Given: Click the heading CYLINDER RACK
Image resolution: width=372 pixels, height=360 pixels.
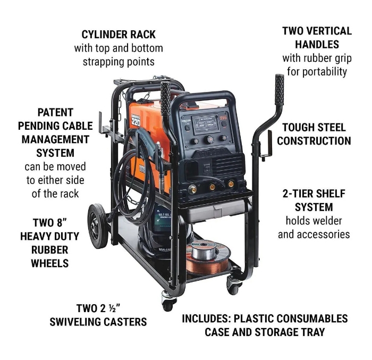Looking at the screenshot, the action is click(119, 35).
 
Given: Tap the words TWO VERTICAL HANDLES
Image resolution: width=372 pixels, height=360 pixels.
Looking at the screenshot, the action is click(317, 38).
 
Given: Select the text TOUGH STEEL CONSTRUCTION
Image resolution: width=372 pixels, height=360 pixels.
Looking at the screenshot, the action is click(314, 134).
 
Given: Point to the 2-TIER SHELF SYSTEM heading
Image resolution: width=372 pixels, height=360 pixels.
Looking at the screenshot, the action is click(314, 200).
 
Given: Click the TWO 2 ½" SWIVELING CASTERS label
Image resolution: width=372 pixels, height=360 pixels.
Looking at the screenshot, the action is click(98, 315).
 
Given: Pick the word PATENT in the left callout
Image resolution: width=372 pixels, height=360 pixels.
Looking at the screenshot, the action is click(55, 113).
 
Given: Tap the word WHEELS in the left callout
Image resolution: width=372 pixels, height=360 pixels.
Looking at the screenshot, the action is click(50, 263).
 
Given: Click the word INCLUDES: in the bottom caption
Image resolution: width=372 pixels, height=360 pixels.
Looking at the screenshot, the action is click(206, 319).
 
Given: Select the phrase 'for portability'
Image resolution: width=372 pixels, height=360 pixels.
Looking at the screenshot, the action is click(317, 71).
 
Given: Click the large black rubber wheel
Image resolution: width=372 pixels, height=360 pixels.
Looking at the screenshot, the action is click(98, 226).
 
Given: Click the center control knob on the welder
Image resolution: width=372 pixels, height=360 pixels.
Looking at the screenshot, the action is click(209, 140).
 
